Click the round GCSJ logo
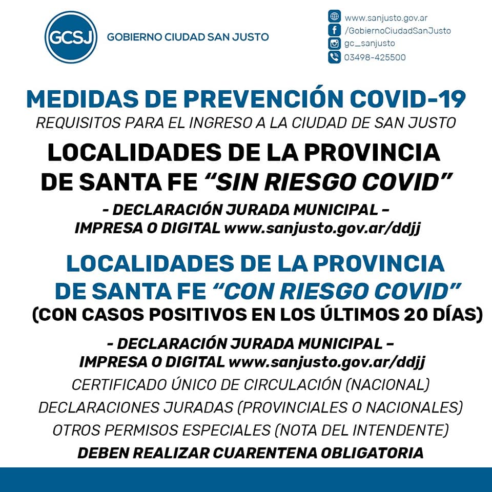click(71, 37)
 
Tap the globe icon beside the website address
click(334, 17)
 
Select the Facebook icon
click(334, 30)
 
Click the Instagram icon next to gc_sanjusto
click(334, 44)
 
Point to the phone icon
click(334, 57)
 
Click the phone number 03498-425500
click(375, 57)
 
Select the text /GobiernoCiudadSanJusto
click(397, 31)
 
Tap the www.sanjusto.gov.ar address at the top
click(386, 18)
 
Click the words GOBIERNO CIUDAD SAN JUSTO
click(188, 37)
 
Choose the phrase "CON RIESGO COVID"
click(335, 291)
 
